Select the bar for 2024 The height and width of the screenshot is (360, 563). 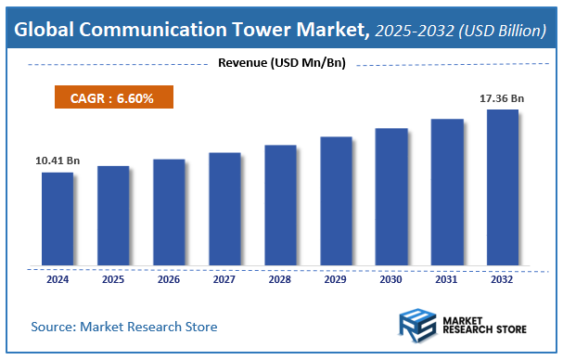tap(57, 219)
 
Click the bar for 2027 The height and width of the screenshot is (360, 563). tap(224, 210)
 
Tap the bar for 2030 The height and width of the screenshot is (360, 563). tap(390, 197)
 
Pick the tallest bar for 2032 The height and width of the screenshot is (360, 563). tap(502, 187)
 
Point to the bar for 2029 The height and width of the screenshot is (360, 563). tap(336, 201)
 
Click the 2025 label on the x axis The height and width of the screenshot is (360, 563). tap(112, 278)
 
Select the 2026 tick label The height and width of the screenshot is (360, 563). tap(168, 278)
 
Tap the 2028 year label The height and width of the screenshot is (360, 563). tap(279, 278)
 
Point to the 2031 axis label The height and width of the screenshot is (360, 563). tap(446, 278)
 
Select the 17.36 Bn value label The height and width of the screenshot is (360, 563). tap(502, 97)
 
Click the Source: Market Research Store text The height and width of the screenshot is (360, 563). tap(124, 327)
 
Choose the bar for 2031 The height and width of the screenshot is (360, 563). tap(446, 192)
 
